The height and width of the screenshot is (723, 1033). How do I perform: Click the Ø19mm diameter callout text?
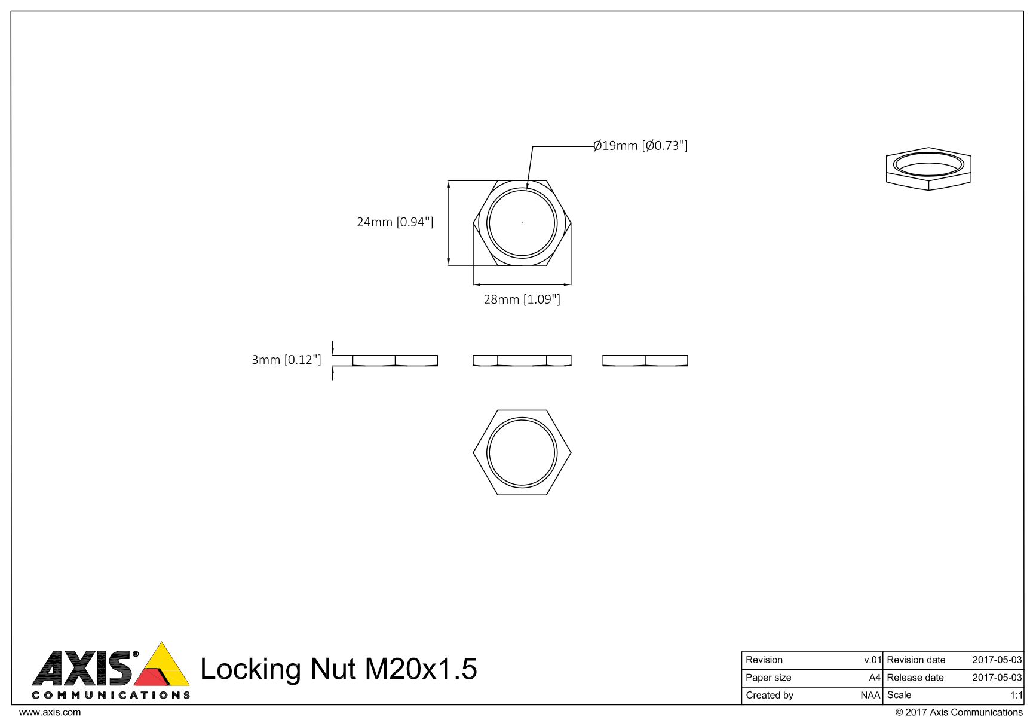click(640, 146)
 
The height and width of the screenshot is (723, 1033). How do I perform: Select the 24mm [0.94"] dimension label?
click(394, 222)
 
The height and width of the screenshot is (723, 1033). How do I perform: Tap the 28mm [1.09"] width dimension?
click(522, 299)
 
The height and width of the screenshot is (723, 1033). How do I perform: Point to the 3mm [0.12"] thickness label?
click(286, 360)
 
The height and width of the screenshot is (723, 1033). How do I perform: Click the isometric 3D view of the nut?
click(928, 169)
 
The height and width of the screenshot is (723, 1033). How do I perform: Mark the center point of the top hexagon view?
click(522, 223)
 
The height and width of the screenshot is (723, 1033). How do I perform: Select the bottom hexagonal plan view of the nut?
click(522, 452)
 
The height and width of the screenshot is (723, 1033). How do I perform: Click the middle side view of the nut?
click(522, 360)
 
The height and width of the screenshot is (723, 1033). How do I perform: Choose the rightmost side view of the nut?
click(645, 360)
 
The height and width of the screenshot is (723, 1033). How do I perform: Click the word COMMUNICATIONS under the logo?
click(111, 695)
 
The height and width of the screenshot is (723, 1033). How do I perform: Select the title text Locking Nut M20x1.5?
click(338, 669)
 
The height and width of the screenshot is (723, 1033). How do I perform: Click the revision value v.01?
click(872, 660)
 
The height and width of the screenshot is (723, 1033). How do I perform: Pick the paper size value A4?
click(874, 678)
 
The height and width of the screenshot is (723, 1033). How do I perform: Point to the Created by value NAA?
click(870, 695)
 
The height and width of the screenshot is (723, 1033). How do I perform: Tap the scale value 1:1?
click(1016, 695)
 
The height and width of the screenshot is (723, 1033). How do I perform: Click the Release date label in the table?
click(915, 678)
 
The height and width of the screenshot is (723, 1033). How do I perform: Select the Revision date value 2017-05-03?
click(997, 660)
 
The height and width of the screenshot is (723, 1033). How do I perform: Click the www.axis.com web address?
click(50, 712)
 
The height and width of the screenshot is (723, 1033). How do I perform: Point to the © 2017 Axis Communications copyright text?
click(958, 712)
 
